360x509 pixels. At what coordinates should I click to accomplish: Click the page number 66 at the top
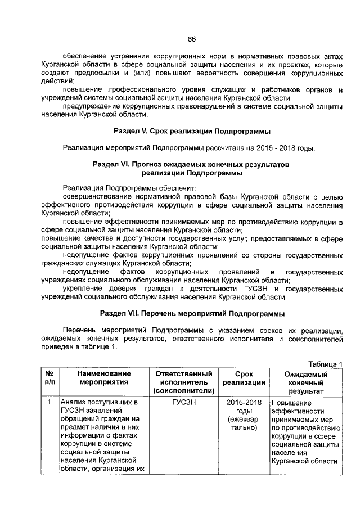pos(191,39)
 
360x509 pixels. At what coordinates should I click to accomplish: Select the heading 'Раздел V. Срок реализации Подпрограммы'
pos(192,132)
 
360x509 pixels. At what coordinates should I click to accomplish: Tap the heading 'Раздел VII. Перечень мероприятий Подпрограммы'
pos(192,313)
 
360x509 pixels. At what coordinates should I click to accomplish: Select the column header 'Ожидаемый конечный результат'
pos(306,382)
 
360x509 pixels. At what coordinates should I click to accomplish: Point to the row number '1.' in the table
pos(50,403)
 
